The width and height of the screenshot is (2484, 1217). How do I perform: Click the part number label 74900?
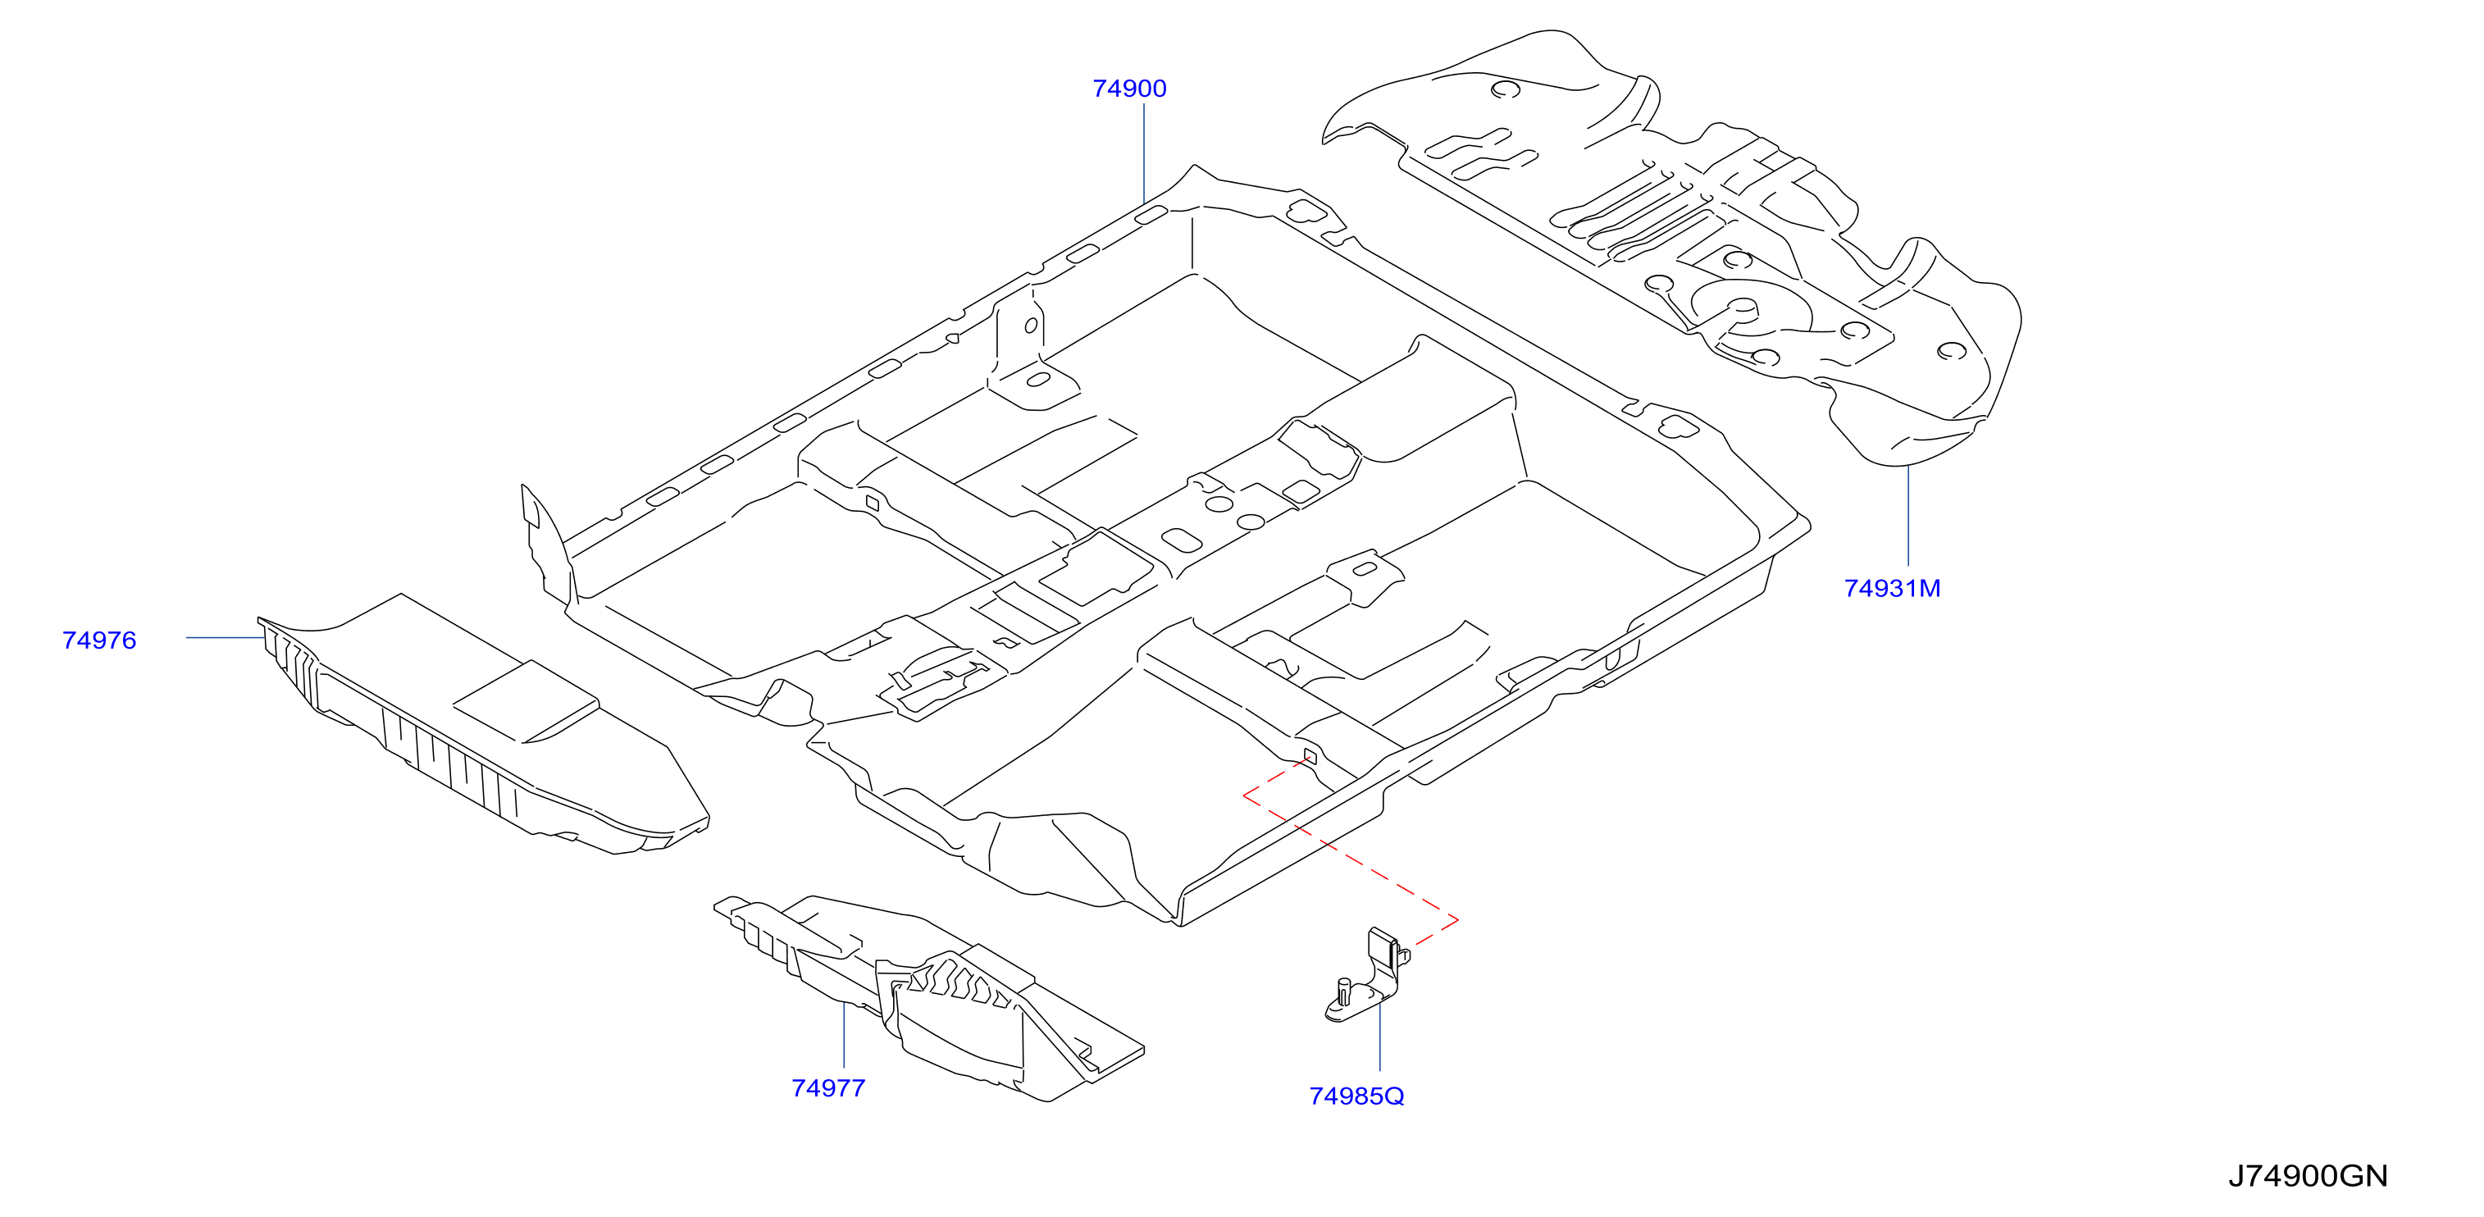click(1129, 89)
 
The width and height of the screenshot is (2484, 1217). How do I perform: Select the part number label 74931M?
click(1892, 588)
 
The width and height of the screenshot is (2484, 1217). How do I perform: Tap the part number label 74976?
click(99, 640)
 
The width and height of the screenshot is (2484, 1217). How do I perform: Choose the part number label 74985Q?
click(1356, 1096)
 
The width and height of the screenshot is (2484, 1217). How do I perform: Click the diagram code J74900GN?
click(2308, 1177)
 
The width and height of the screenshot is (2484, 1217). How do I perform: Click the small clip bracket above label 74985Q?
click(1367, 975)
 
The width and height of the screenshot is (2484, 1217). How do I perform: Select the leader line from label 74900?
click(1144, 154)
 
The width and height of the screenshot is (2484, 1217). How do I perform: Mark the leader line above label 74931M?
click(1908, 516)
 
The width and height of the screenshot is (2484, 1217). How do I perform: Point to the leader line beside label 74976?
click(225, 637)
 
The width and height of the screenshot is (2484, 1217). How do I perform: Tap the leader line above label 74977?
click(844, 1035)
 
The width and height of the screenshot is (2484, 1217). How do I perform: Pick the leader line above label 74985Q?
click(1380, 1034)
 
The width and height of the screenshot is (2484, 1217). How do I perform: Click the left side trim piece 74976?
click(482, 723)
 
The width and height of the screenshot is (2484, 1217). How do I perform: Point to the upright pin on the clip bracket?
click(1343, 991)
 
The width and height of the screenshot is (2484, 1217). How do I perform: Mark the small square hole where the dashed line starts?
click(1310, 755)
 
